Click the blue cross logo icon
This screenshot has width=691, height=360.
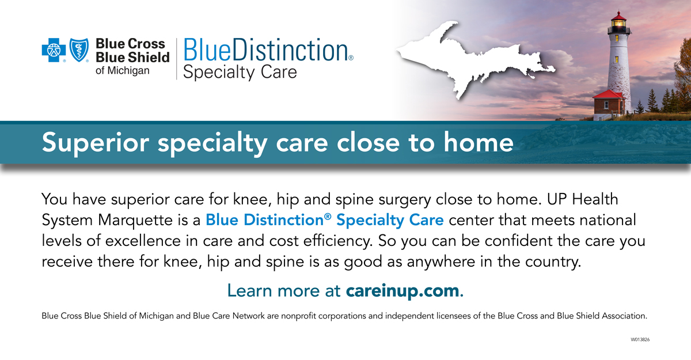54,50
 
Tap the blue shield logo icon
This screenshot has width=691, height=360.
79,50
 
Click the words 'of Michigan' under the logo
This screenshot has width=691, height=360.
123,71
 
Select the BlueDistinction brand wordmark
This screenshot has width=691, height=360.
268,50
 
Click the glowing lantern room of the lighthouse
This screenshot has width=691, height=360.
618,23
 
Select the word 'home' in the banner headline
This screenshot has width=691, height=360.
479,142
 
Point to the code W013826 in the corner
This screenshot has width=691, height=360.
640,340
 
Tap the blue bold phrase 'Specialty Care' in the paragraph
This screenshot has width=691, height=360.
390,221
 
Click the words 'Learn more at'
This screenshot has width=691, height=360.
284,290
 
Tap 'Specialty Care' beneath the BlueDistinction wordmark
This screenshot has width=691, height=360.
240,73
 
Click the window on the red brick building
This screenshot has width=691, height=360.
606,105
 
